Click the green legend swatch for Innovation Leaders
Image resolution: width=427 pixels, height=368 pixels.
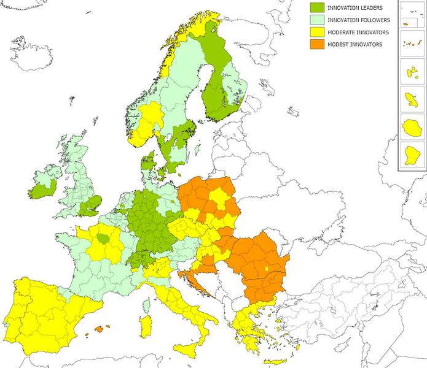pos(318,7)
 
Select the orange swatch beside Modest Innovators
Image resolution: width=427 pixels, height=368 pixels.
pos(318,44)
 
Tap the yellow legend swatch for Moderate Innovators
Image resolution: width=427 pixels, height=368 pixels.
pos(318,32)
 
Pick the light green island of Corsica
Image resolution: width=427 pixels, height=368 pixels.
pos(146,305)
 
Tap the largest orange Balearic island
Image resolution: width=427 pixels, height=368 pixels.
pos(99,331)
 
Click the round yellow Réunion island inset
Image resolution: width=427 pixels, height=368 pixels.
pos(411,128)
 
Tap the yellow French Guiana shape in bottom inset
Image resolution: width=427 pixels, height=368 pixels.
pos(411,155)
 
